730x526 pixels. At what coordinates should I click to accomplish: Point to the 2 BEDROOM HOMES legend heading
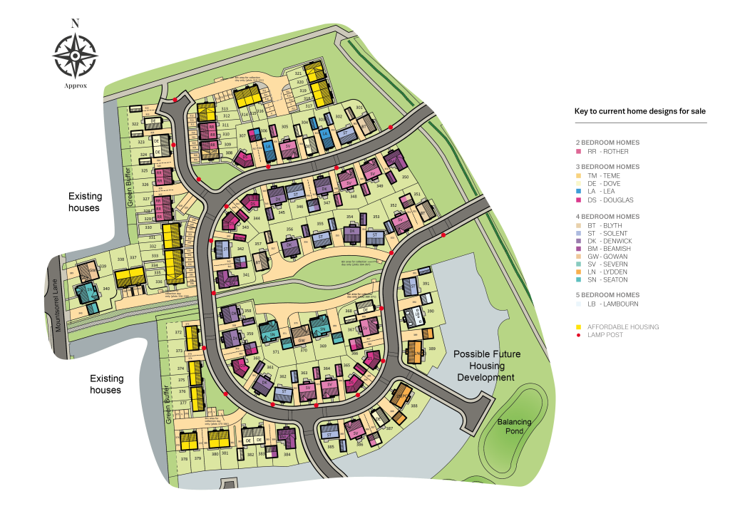pyautogui.click(x=607, y=143)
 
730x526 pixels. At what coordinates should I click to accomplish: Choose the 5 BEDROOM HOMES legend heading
pyautogui.click(x=607, y=294)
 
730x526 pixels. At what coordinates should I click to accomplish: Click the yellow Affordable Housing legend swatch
pyautogui.click(x=579, y=327)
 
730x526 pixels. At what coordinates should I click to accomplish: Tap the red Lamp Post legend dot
pyautogui.click(x=579, y=334)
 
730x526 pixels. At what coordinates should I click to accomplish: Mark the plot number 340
pyautogui.click(x=106, y=289)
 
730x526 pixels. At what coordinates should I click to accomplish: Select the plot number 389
pyautogui.click(x=432, y=349)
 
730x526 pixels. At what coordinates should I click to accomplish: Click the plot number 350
pyautogui.click(x=405, y=177)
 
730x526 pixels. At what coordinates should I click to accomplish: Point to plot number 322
pyautogui.click(x=135, y=124)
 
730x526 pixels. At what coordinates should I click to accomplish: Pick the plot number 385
pyautogui.click(x=331, y=447)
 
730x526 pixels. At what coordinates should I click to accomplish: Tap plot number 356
pyautogui.click(x=289, y=230)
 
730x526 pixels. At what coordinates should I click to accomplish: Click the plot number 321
pyautogui.click(x=299, y=73)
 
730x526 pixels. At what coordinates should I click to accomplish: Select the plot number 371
pyautogui.click(x=276, y=352)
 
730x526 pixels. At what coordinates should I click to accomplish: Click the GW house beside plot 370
pyautogui.click(x=300, y=332)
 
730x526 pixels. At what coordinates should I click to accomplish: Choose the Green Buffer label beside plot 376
pyautogui.click(x=168, y=405)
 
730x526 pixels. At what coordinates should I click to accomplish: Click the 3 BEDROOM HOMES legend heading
pyautogui.click(x=607, y=167)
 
